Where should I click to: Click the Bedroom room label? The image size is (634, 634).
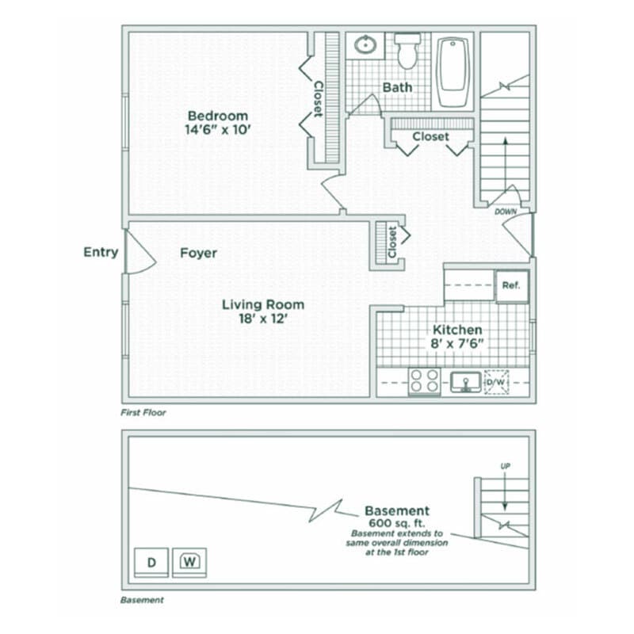212,115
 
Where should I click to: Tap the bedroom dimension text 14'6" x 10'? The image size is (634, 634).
212,129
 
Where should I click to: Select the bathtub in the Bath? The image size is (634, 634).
453,71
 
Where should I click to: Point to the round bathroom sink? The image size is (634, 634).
365,44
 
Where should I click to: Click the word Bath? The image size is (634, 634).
397,87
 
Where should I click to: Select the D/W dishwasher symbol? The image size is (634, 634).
497,383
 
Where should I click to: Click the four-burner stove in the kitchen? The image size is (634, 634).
424,382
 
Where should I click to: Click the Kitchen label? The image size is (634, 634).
457,330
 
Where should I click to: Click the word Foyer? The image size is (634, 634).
198,253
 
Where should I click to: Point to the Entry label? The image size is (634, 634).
101,252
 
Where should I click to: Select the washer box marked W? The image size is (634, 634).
189,562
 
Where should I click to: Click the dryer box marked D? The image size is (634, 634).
151,563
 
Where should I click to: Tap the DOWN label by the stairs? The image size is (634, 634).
506,212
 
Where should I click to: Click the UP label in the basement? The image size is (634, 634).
505,466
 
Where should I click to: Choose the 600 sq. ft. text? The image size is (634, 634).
396,525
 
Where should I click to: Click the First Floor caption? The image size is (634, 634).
143,413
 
